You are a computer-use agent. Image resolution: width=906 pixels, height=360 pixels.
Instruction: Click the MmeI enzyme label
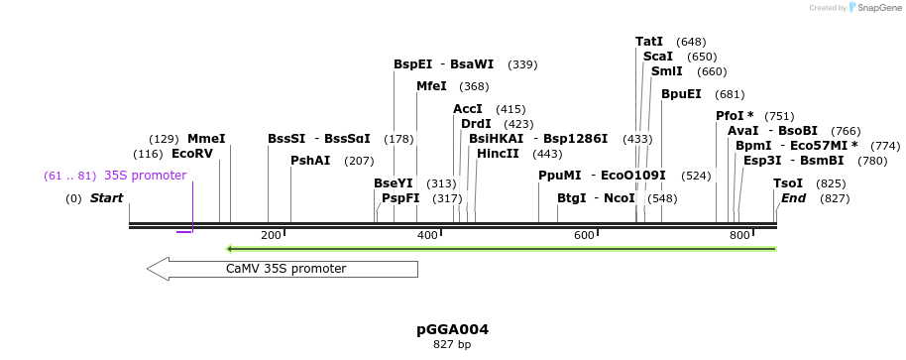pyautogui.click(x=206, y=139)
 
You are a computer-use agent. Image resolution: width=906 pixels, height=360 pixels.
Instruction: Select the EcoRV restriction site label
pyautogui.click(x=192, y=154)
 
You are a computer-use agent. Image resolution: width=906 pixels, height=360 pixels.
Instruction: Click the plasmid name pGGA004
pyautogui.click(x=452, y=329)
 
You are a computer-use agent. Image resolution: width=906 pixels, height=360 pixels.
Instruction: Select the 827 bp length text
pyautogui.click(x=452, y=345)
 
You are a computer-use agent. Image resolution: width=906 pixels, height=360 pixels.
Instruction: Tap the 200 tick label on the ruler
pyautogui.click(x=271, y=235)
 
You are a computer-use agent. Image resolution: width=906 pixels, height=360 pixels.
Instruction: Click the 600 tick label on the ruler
pyautogui.click(x=584, y=235)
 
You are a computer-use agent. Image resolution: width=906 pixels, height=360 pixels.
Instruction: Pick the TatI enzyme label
pyautogui.click(x=649, y=42)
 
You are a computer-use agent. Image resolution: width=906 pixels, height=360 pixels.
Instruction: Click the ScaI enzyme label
pyautogui.click(x=657, y=57)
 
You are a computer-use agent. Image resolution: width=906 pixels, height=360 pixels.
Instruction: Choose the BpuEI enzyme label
pyautogui.click(x=681, y=94)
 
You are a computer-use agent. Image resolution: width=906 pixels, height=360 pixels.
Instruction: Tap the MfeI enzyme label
pyautogui.click(x=431, y=86)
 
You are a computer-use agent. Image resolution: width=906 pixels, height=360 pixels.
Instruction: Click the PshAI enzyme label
pyautogui.click(x=310, y=161)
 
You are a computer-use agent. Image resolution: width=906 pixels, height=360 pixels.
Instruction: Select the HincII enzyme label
pyautogui.click(x=498, y=154)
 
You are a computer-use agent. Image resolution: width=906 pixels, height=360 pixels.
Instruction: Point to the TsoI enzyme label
pyautogui.click(x=788, y=183)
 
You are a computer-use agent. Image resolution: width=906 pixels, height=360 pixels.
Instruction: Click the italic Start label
pyautogui.click(x=106, y=198)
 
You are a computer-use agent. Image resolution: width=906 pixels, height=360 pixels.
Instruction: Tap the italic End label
pyautogui.click(x=793, y=198)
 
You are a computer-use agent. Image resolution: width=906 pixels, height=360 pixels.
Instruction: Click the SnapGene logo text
pyautogui.click(x=876, y=8)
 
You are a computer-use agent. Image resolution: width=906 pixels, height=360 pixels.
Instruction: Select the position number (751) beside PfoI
pyautogui.click(x=779, y=116)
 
